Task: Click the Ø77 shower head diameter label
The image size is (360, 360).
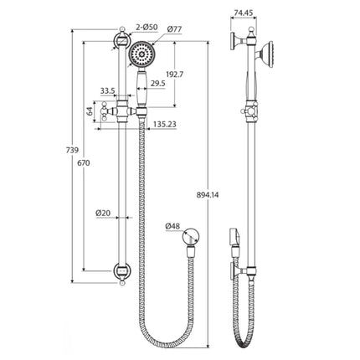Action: (x=176, y=30)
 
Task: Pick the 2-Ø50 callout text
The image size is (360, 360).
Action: (x=144, y=30)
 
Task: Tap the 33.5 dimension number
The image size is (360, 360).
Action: (x=107, y=92)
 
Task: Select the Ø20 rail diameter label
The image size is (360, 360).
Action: (x=103, y=213)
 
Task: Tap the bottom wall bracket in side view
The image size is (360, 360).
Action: (x=244, y=271)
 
